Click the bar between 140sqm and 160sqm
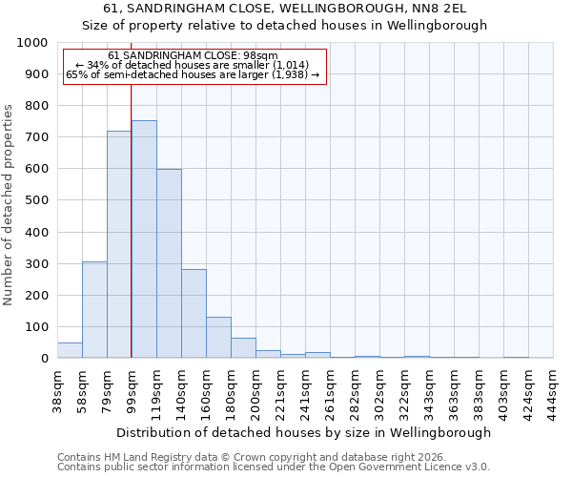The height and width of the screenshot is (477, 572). tap(194, 314)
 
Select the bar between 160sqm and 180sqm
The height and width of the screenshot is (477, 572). tap(218, 338)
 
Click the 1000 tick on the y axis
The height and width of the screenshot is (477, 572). tap(32, 43)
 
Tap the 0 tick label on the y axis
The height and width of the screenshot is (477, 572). tap(44, 359)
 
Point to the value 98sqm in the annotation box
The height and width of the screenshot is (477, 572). tap(258, 56)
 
